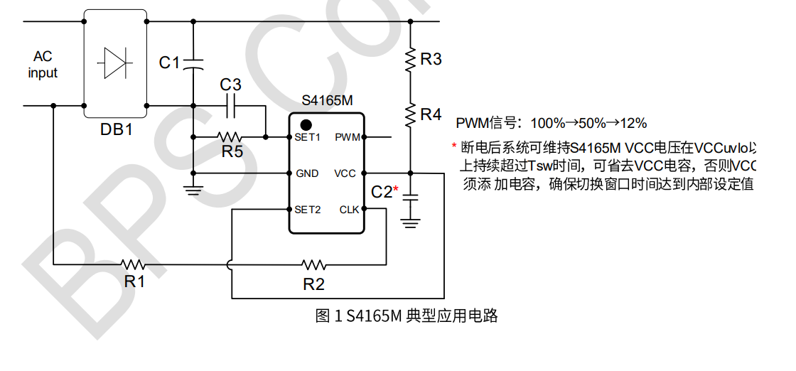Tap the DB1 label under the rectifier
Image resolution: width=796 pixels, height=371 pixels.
[x=116, y=130]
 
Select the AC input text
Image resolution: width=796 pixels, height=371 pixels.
[x=43, y=64]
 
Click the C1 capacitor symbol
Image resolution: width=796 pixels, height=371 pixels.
[x=193, y=64]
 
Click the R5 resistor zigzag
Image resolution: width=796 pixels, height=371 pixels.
[x=230, y=136]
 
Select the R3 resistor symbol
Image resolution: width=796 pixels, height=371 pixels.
[x=411, y=60]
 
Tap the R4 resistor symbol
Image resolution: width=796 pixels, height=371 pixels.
[x=411, y=114]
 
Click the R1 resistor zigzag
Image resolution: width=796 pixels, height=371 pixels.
[x=133, y=264]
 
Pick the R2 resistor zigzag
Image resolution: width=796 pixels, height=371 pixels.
[x=313, y=264]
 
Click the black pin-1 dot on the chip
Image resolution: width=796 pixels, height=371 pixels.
[x=306, y=124]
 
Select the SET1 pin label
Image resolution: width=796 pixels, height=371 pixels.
[x=308, y=137]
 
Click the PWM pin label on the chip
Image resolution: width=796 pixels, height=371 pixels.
[x=347, y=137]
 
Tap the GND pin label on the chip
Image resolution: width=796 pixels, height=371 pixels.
[x=307, y=173]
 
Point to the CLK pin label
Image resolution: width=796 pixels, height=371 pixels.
[x=349, y=210]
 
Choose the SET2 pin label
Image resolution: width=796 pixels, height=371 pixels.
[x=308, y=210]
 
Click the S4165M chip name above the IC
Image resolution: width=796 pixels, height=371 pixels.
[x=327, y=101]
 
